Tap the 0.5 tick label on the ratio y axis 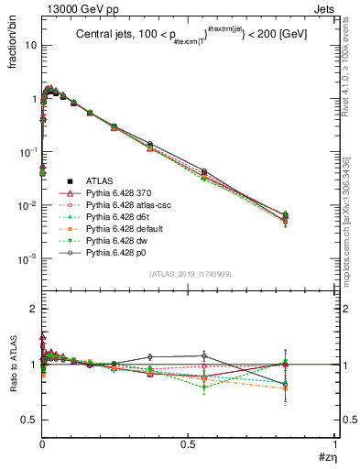[29, 420]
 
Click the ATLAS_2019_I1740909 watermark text [189, 275]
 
